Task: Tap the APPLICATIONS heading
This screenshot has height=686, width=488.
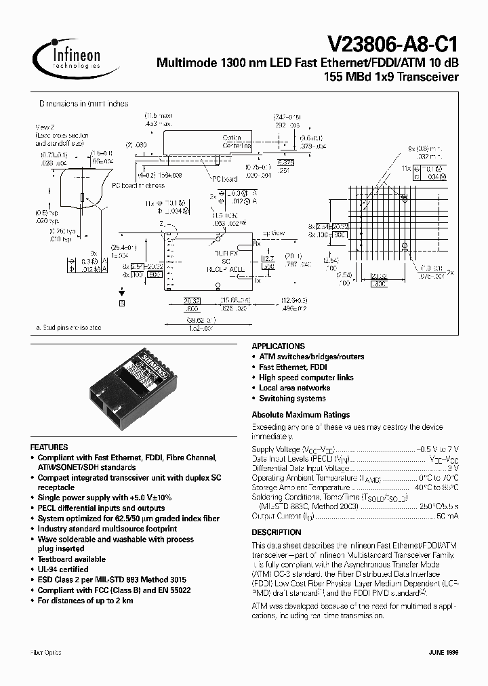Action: click(278, 346)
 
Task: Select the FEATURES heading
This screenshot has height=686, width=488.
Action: click(49, 447)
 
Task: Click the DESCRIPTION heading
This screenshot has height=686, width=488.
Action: click(276, 532)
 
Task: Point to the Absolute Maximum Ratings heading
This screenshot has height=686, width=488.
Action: click(300, 414)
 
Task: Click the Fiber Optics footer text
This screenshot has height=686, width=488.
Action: click(46, 652)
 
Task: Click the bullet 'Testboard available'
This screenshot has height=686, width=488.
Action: click(71, 559)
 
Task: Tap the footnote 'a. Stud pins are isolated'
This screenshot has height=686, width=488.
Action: click(68, 328)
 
